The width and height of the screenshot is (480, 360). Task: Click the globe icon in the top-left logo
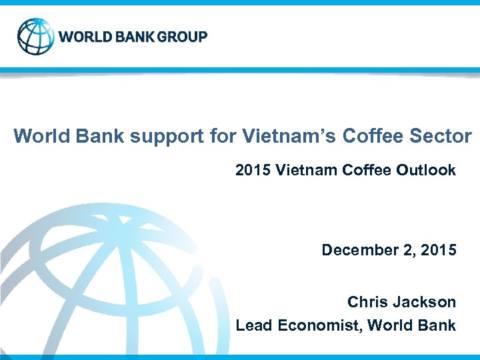tap(36, 36)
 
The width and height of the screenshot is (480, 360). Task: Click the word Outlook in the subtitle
tap(426, 170)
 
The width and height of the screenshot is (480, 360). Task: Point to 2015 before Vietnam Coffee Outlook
tap(250, 170)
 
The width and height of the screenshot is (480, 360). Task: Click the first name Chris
tap(366, 302)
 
